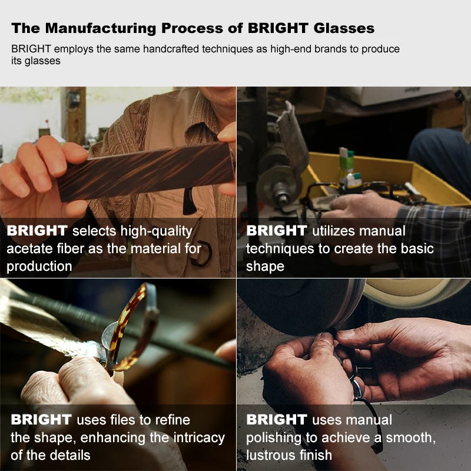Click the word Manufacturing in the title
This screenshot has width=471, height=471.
click(x=101, y=28)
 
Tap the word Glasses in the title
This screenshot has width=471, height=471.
click(x=344, y=28)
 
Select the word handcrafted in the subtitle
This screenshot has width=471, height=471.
click(x=171, y=49)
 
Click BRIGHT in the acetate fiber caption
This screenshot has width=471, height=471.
click(x=37, y=231)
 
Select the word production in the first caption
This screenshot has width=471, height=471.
click(x=39, y=267)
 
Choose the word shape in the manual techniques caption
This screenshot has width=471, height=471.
click(x=265, y=267)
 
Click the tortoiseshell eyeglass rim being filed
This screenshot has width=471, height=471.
click(x=132, y=327)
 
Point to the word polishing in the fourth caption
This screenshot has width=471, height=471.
click(x=274, y=438)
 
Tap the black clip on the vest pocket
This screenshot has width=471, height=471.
click(x=189, y=201)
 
